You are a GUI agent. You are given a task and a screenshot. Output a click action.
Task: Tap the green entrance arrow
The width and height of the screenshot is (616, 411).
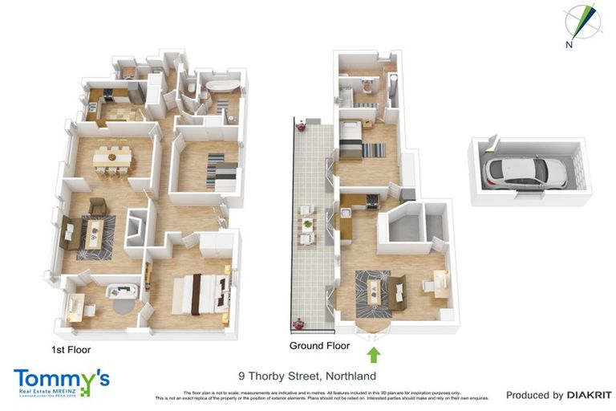coord(374,354)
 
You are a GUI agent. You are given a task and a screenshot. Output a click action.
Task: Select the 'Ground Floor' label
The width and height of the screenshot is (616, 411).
coord(320,346)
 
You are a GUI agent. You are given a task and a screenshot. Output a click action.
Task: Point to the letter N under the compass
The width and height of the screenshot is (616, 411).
coord(569,45)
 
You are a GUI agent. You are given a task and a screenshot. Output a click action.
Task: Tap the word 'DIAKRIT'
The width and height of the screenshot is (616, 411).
coord(590,395)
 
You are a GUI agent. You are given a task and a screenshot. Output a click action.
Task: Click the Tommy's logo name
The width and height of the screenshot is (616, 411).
coord(61,378)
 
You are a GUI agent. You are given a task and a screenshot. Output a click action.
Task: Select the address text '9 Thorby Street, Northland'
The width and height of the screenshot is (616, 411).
coord(307,376)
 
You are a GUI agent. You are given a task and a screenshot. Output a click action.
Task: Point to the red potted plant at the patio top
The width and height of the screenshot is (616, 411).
coord(302,125)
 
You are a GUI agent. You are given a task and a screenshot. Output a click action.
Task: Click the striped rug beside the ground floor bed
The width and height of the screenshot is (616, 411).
coord(374,149)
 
